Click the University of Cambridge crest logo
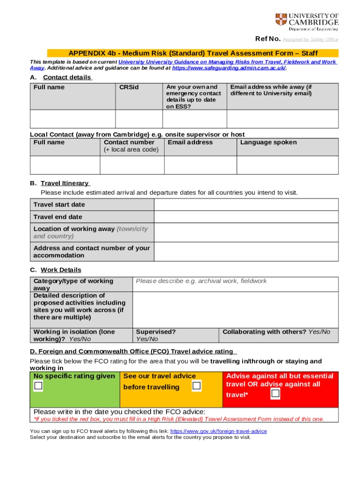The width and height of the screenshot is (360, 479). (x=281, y=20)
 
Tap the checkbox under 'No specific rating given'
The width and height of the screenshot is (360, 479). (x=38, y=386)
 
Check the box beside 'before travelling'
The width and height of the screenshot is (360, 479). (x=197, y=386)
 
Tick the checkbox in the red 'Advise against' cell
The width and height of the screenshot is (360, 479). (x=275, y=394)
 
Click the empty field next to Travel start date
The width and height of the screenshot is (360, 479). (x=246, y=205)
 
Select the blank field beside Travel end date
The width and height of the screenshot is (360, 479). (x=246, y=217)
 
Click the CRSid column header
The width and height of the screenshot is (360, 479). (x=129, y=87)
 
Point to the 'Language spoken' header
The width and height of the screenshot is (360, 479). (x=268, y=142)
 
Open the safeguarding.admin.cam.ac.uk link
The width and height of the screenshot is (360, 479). (x=229, y=68)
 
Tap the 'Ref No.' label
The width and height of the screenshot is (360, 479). (x=267, y=39)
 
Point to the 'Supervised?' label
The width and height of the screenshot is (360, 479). (x=156, y=332)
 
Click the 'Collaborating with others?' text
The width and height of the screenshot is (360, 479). (x=265, y=332)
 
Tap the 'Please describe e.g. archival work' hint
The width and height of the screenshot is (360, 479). (x=201, y=281)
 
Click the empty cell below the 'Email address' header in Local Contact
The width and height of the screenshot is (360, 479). (x=200, y=165)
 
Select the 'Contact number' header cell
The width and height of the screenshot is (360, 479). (x=129, y=142)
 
